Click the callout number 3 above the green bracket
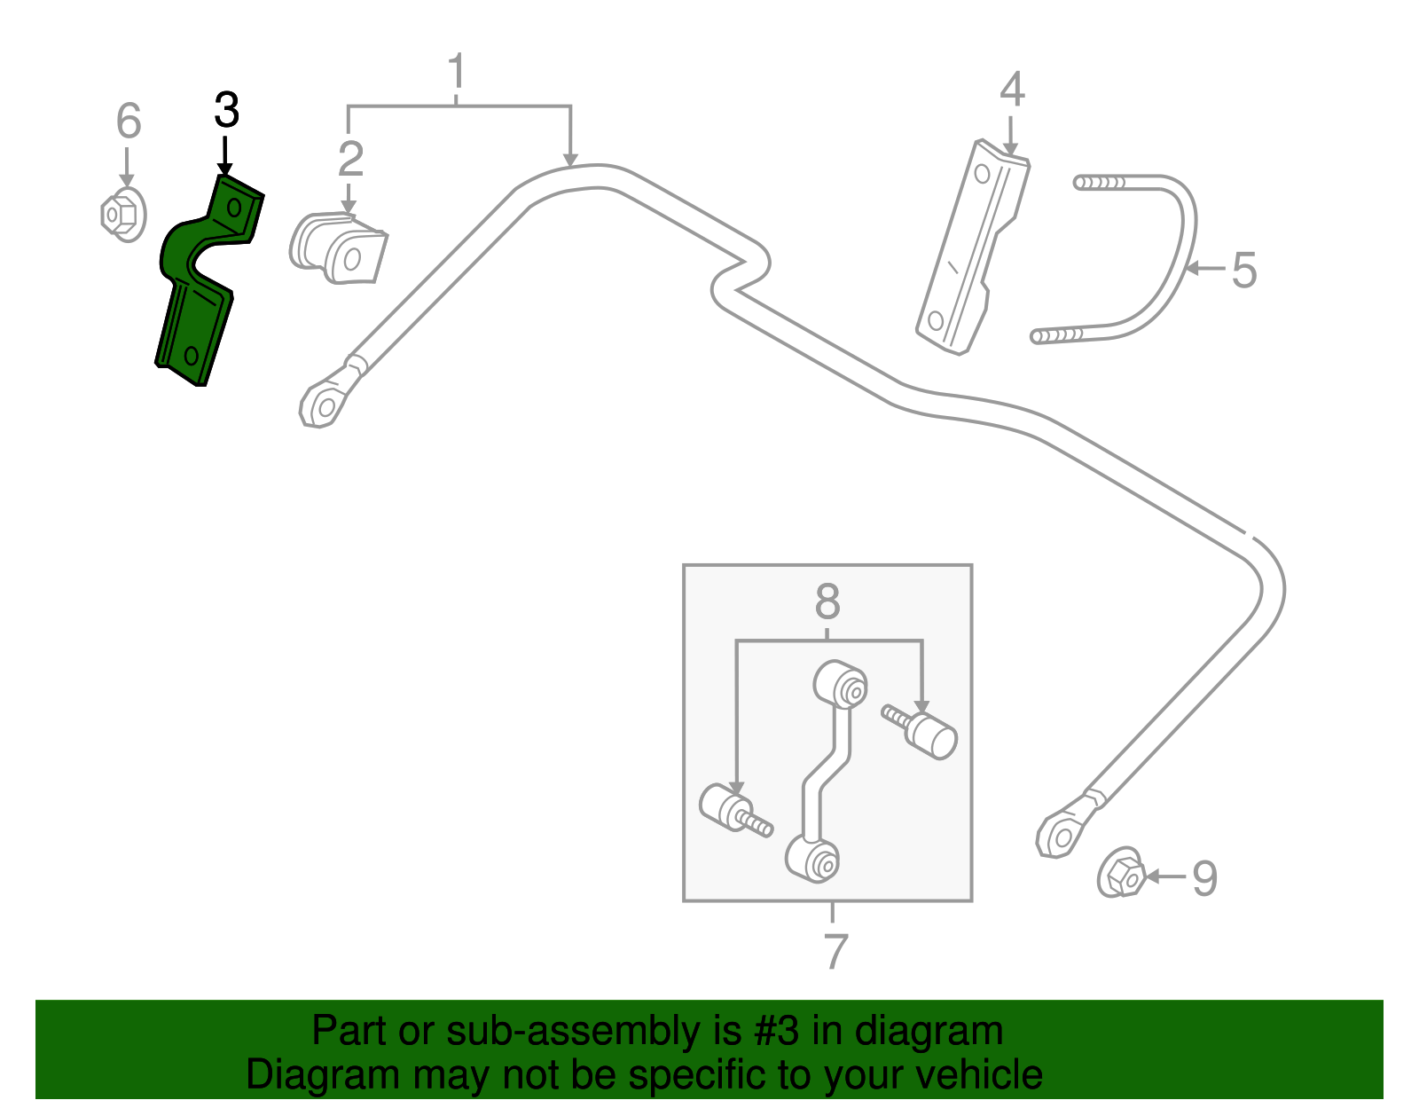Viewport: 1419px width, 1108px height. (x=227, y=111)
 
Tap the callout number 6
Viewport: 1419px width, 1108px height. (x=129, y=121)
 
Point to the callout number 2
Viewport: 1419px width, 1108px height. (x=350, y=159)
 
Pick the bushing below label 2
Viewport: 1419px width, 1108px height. (x=339, y=249)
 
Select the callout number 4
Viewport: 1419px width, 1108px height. (x=1012, y=90)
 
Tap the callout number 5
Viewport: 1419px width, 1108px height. (x=1244, y=270)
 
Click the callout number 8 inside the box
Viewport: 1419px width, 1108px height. (x=827, y=602)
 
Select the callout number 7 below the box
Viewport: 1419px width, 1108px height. (x=835, y=951)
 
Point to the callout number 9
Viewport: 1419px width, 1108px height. (x=1204, y=878)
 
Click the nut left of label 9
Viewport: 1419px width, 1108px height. (x=1121, y=874)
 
